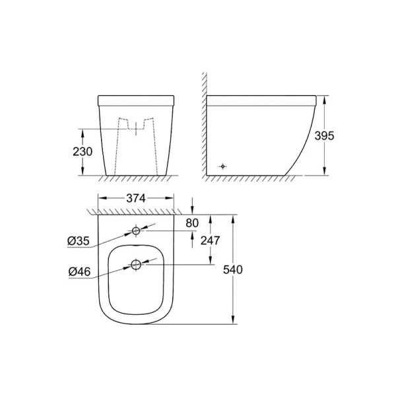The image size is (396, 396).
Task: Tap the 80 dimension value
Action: point(192,223)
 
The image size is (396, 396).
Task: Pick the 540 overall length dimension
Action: point(251,270)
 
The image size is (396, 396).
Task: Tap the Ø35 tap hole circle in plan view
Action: point(136,231)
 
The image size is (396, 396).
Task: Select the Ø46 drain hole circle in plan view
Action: point(136,265)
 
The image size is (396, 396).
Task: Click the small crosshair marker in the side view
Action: point(223,166)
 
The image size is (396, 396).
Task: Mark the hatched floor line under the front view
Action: point(135,179)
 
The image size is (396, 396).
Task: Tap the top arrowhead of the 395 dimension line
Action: point(323,99)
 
